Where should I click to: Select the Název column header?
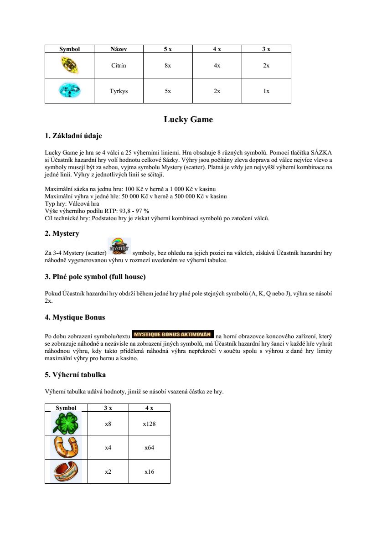click(x=119, y=49)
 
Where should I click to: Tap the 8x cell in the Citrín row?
click(x=168, y=66)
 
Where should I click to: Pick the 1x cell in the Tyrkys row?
click(x=266, y=91)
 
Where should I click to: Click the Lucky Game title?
click(x=188, y=120)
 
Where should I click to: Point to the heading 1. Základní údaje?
click(x=73, y=136)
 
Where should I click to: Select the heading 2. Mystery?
click(x=62, y=233)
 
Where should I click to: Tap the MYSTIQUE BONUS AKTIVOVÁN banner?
click(x=173, y=334)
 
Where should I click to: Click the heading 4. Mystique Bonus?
click(x=75, y=317)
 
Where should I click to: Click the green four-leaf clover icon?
click(x=66, y=424)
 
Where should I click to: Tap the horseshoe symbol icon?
click(x=66, y=447)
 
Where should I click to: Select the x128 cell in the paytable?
click(x=149, y=424)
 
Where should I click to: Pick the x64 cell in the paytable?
click(x=149, y=448)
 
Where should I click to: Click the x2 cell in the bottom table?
click(x=108, y=472)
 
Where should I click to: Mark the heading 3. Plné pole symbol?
click(x=95, y=277)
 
